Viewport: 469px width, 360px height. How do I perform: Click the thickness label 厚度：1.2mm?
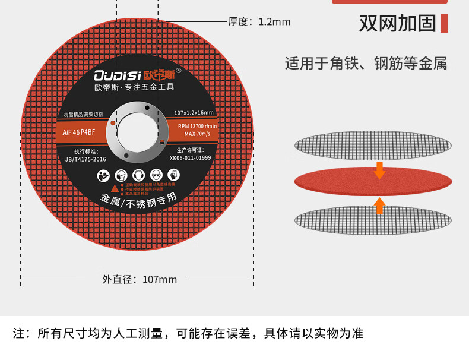(259, 22)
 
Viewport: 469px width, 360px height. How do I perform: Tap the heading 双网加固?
(397, 23)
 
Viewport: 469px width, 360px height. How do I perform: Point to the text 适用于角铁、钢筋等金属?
(366, 64)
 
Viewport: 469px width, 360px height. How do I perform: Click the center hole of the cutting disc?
(137, 132)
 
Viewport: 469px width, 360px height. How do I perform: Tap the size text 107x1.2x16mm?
(194, 113)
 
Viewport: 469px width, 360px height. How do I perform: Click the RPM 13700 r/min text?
(198, 126)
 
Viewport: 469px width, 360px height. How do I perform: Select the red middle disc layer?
(373, 179)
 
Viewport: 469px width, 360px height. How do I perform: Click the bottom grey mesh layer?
(373, 219)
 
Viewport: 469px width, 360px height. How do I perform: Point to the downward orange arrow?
(379, 171)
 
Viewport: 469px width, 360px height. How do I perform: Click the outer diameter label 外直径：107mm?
(140, 279)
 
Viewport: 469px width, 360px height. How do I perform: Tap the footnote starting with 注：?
(188, 333)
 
